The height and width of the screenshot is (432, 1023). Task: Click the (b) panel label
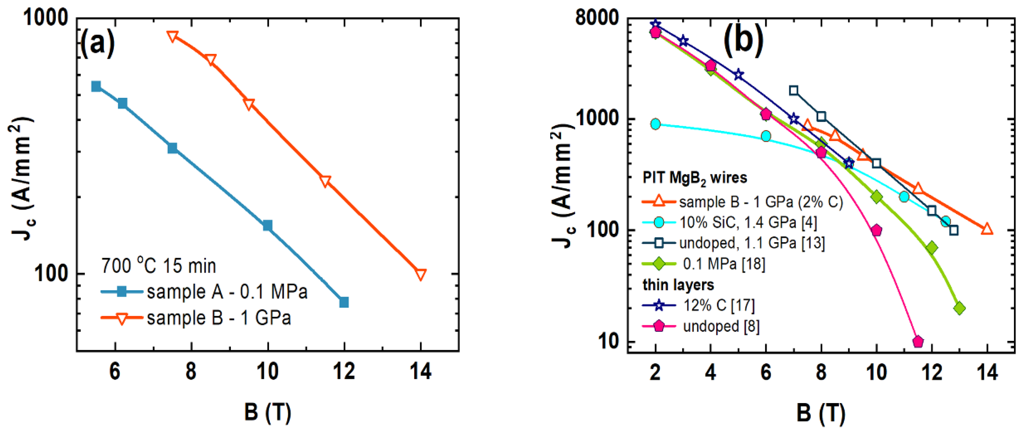[743, 40]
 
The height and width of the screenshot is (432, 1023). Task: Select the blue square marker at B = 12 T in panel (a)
[344, 302]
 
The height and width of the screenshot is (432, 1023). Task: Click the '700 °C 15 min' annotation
[158, 265]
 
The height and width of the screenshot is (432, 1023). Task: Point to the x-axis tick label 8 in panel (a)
[191, 371]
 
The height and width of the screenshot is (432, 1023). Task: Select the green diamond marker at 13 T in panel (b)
[960, 308]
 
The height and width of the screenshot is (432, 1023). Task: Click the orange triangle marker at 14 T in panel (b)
[987, 229]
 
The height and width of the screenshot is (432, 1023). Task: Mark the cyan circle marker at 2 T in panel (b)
[656, 124]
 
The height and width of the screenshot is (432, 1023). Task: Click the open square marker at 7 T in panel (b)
[793, 90]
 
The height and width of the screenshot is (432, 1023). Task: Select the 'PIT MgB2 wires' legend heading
[695, 178]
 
